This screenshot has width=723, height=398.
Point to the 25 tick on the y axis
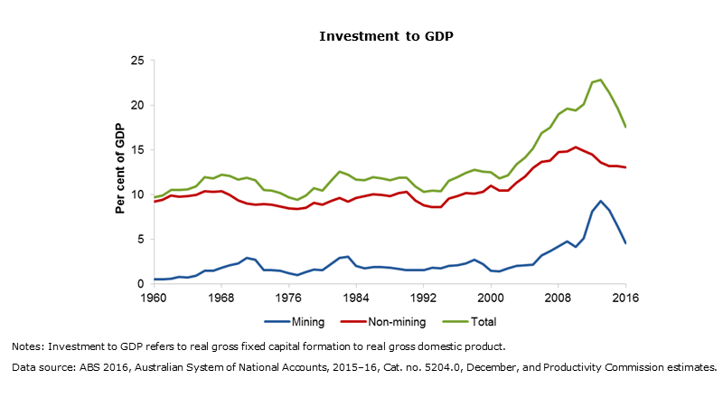138,61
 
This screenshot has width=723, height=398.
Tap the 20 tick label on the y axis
138,105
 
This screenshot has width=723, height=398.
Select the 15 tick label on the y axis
138,150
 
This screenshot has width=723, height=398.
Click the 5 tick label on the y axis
141,240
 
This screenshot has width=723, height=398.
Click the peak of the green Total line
600,80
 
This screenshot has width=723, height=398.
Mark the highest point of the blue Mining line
600,201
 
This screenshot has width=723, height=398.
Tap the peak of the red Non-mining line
575,147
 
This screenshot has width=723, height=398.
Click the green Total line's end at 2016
625,127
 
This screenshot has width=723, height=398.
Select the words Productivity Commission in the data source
588,367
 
